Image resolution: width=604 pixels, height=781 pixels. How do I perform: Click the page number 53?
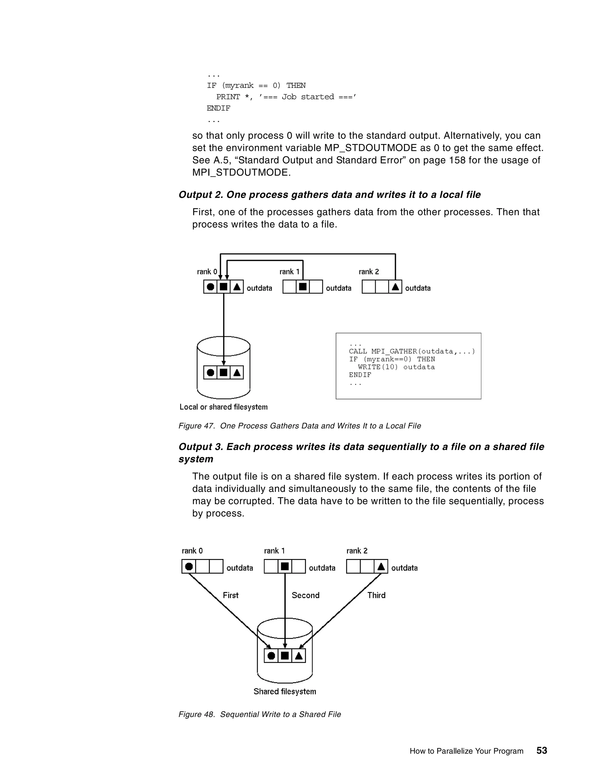(541, 750)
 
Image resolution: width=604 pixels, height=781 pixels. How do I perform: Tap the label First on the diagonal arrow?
(230, 595)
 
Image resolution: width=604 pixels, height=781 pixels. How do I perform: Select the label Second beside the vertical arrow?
(305, 595)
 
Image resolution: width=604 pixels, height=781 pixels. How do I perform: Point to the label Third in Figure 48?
(376, 595)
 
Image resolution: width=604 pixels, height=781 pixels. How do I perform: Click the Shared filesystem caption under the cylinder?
(285, 691)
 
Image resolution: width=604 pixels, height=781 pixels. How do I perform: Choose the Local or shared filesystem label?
(223, 407)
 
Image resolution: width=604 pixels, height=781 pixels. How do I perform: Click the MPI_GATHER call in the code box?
(411, 351)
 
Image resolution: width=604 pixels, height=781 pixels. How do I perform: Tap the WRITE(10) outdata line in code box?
(396, 367)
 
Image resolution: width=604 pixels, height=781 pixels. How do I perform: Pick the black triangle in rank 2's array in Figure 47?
(395, 287)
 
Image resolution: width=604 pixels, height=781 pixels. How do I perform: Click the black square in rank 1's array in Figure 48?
(285, 566)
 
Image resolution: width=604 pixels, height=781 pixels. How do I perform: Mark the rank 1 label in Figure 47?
(289, 272)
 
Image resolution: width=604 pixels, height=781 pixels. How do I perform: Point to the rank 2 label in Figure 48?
(357, 551)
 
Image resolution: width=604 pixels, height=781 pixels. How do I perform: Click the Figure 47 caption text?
(300, 426)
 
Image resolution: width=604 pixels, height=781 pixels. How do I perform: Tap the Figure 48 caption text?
(260, 714)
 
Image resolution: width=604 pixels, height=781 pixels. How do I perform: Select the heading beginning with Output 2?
(329, 195)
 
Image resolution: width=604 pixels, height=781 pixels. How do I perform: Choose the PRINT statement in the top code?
(286, 97)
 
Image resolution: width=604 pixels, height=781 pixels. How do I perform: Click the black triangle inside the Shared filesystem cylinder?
(298, 656)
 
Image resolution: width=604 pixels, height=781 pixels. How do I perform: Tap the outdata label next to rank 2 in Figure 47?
(418, 288)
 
